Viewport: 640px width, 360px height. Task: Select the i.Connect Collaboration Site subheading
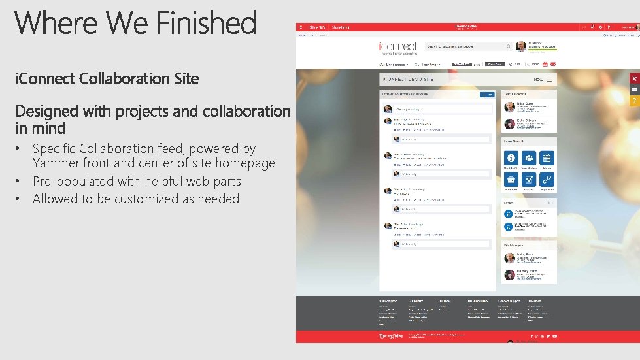(x=107, y=79)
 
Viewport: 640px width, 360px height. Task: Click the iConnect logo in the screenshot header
(x=397, y=47)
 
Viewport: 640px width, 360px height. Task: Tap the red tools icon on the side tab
(x=633, y=78)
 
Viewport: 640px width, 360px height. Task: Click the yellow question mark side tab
(x=633, y=101)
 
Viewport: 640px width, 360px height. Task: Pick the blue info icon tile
(x=511, y=158)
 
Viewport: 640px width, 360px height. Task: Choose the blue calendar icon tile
(x=547, y=158)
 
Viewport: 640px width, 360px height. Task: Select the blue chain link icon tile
(x=547, y=180)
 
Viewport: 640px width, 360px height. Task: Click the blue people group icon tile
(x=529, y=158)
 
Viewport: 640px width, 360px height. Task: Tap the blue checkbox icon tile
(x=529, y=180)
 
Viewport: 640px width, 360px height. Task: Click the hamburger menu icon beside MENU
(x=550, y=80)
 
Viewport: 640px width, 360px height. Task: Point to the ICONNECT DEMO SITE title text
(x=409, y=80)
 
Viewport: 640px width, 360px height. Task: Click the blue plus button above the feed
(x=486, y=95)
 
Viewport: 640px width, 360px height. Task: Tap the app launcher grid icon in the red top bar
(x=301, y=27)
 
